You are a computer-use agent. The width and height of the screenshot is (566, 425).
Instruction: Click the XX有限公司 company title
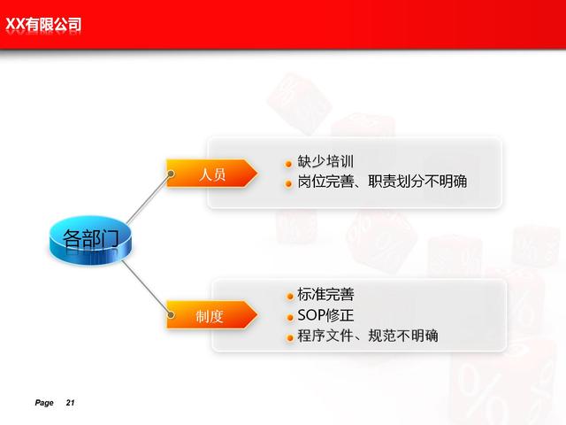point(43,25)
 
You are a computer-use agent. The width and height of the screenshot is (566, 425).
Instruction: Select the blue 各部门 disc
point(90,240)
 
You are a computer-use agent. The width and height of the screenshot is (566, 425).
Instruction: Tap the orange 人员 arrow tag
point(212,174)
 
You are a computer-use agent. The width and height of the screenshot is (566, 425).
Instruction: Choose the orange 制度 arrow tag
point(212,315)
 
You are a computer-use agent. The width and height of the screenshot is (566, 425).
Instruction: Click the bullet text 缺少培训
point(325,161)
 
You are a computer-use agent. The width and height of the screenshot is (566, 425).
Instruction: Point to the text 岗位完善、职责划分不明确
point(382,182)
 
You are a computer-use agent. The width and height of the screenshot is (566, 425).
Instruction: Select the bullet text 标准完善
point(325,295)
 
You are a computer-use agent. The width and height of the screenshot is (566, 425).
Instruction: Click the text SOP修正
point(325,315)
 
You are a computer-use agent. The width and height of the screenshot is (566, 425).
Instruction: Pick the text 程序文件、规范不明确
point(368,336)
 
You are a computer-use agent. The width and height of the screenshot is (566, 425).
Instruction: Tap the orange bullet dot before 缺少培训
point(288,165)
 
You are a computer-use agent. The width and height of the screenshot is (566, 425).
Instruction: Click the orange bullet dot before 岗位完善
point(288,184)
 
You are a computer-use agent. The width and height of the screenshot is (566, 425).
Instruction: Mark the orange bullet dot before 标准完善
point(290,297)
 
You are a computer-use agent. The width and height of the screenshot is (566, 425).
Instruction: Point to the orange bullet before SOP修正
point(290,318)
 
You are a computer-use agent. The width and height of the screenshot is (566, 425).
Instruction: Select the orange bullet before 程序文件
point(290,338)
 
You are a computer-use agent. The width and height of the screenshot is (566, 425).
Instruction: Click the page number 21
point(71,403)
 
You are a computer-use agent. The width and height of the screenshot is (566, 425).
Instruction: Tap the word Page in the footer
point(44,403)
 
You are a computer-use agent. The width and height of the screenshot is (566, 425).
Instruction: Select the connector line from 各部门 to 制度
point(146,287)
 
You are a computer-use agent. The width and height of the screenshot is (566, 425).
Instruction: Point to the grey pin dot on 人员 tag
point(171,174)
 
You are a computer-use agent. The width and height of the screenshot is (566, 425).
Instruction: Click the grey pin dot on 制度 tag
point(171,315)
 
